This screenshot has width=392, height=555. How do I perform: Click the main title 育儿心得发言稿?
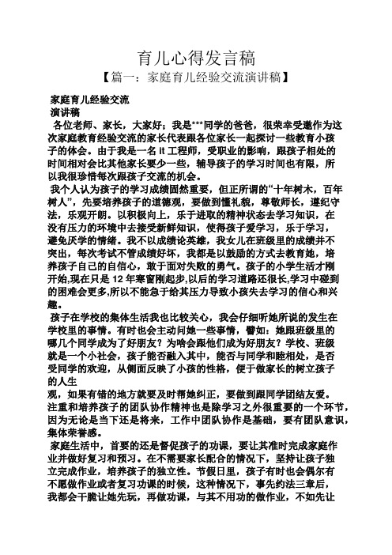click(196, 57)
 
